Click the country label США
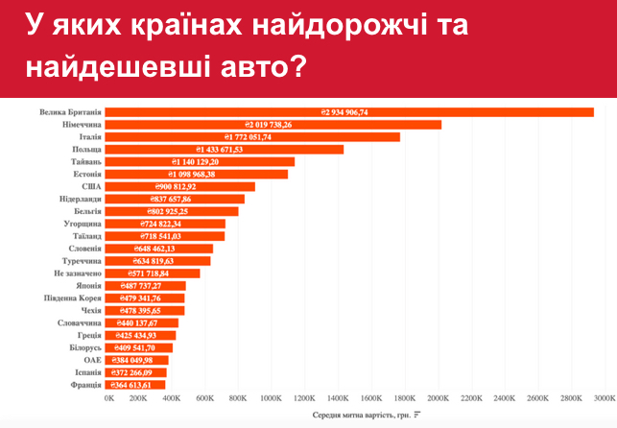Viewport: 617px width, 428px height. click(x=90, y=186)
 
